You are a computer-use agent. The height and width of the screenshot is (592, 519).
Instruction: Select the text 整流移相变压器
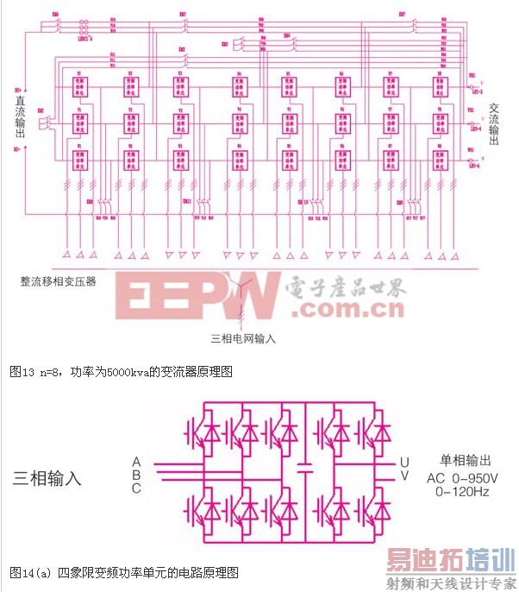point(59,281)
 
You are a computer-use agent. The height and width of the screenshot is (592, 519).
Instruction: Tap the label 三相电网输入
point(243,338)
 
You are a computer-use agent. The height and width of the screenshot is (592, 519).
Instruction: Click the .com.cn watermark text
point(339,308)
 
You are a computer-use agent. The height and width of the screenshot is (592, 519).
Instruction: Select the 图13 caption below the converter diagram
point(121,372)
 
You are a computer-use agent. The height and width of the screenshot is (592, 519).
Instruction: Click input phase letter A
point(136,461)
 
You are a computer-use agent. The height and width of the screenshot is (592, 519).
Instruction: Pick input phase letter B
point(136,475)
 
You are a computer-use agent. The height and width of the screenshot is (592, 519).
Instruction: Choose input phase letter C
point(136,488)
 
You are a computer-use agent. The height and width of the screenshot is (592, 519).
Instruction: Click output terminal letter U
point(404,462)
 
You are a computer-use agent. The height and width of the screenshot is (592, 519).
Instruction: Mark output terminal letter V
point(404,476)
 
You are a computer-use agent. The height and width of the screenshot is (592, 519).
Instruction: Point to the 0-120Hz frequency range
point(464,492)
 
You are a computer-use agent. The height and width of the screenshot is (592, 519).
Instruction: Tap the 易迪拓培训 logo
point(449,559)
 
